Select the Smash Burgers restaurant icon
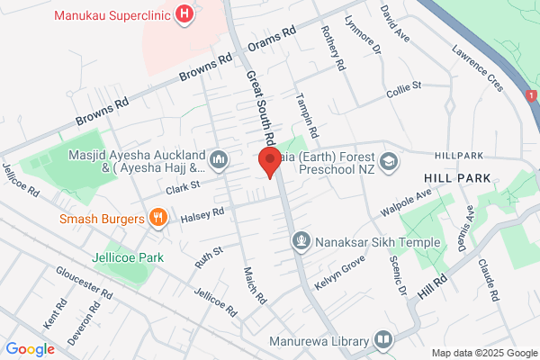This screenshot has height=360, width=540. [x=158, y=217]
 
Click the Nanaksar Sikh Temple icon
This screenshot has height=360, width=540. [x=301, y=241]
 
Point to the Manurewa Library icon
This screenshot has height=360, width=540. [x=383, y=341]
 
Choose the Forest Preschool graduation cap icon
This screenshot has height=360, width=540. [x=388, y=161]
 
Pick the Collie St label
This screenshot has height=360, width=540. [x=403, y=86]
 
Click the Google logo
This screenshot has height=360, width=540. [x=31, y=349]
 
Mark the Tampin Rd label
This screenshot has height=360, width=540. [x=307, y=117]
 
